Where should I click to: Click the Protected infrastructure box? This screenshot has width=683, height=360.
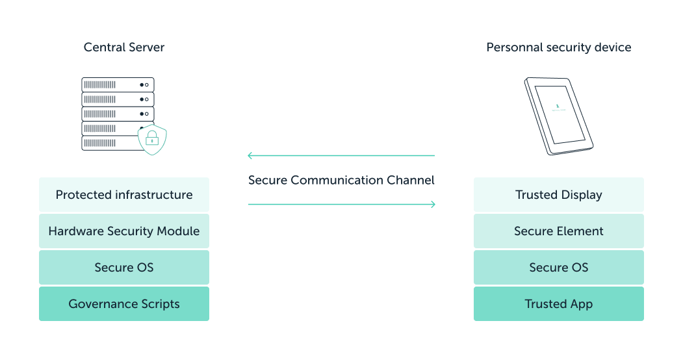point(124,195)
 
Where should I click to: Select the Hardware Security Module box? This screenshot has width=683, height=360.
point(124,231)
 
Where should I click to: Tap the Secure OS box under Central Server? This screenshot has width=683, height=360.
point(124,268)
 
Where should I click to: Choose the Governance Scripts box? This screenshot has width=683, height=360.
point(124,304)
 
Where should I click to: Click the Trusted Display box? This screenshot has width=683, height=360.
point(558,195)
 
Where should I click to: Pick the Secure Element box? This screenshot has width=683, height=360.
point(558,231)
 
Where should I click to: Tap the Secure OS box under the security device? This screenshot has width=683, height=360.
point(558,268)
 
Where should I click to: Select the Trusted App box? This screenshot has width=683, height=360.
point(558,304)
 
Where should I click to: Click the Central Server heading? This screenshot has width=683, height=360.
point(124,47)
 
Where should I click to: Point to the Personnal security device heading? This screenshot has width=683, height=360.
point(558,47)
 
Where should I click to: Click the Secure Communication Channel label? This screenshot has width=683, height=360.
point(341,180)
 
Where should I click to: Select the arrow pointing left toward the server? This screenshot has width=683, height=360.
point(341,156)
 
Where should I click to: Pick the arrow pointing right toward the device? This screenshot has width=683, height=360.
point(341,205)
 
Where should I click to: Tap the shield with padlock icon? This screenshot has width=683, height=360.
point(152,138)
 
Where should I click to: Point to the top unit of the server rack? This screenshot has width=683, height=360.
point(118,84)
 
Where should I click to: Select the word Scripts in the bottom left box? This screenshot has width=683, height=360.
point(157,304)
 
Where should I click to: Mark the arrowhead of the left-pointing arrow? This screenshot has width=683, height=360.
point(251,156)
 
